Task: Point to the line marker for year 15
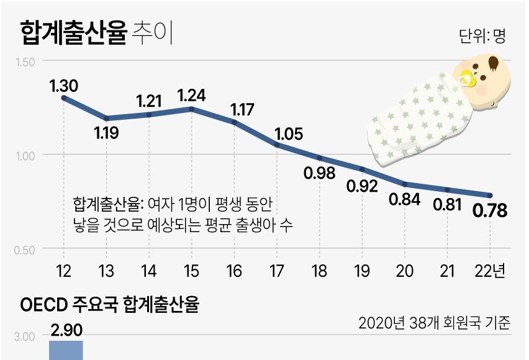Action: [x=191, y=109]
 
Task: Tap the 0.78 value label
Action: [x=490, y=211]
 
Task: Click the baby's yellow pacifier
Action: [x=466, y=79]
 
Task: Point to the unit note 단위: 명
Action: [x=482, y=36]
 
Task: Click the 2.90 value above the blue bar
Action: [x=66, y=330]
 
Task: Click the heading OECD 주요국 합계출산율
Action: [x=109, y=306]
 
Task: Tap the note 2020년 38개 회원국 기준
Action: [x=434, y=323]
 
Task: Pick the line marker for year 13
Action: [x=107, y=118]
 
